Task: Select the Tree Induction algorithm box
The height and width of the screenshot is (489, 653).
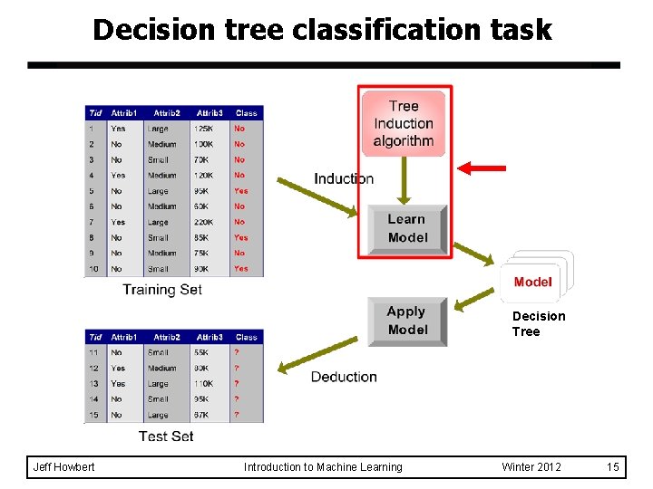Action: coord(404,124)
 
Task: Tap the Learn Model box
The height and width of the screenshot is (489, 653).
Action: coord(406,228)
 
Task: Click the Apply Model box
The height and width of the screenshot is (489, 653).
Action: coord(407,321)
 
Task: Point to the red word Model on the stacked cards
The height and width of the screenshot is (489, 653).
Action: coord(532,282)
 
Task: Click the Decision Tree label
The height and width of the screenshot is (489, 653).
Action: coord(538,323)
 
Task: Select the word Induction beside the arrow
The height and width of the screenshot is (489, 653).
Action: coord(344,178)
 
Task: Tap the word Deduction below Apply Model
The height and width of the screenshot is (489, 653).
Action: coord(344,377)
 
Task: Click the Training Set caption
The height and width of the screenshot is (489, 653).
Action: coord(162,290)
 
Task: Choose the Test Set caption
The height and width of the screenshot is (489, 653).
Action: coord(166,436)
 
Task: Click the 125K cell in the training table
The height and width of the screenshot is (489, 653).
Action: coord(203,129)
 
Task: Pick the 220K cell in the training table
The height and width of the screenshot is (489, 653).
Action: coord(204,222)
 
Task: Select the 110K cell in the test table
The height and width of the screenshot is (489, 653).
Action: coord(204,384)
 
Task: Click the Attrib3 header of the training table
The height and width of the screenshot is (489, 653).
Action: coord(210,113)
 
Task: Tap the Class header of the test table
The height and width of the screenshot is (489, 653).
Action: coord(246,337)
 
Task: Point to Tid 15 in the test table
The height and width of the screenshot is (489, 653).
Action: coord(93,415)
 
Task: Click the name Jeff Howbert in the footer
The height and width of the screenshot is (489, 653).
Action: coord(63,467)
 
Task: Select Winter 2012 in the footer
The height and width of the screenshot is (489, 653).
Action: coord(531,467)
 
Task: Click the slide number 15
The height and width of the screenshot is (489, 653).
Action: coord(613,467)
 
